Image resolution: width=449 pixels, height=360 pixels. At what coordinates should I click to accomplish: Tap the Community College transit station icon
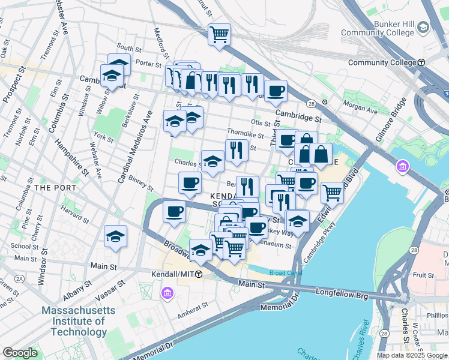pyautogui.click(x=422, y=62)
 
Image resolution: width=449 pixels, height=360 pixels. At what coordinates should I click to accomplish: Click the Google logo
pyautogui.click(x=20, y=353)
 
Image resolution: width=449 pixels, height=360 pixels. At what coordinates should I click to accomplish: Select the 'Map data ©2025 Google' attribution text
pyautogui.click(x=412, y=355)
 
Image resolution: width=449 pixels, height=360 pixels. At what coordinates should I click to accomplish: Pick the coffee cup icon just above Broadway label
pyautogui.click(x=174, y=212)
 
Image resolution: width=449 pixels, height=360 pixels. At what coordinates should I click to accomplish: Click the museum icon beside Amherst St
pyautogui.click(x=166, y=293)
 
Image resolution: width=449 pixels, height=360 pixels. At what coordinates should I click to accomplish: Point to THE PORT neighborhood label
pyautogui.click(x=55, y=188)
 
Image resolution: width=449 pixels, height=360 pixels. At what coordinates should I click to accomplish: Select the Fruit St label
pyautogui.click(x=423, y=275)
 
